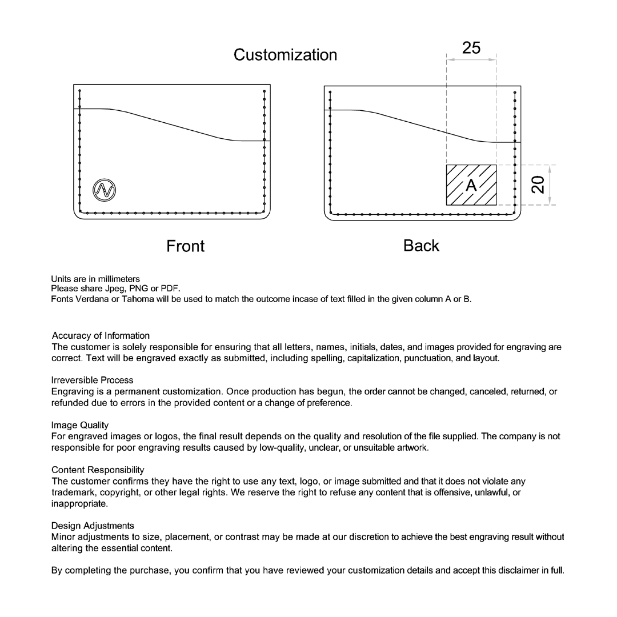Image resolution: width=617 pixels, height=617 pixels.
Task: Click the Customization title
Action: click(285, 55)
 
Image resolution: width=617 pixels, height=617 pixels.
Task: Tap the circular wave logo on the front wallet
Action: click(105, 190)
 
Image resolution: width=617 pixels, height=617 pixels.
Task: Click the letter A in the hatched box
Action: click(471, 185)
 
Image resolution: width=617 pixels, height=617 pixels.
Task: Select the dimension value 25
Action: click(471, 48)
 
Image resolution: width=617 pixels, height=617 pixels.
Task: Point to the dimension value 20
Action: click(538, 185)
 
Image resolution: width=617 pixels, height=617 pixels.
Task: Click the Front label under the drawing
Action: click(185, 246)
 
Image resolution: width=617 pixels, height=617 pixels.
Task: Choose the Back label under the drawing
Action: click(421, 246)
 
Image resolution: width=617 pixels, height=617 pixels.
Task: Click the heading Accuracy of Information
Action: click(101, 336)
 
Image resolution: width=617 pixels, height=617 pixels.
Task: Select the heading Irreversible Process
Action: click(92, 380)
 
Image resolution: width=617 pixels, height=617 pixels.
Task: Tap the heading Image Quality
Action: click(79, 425)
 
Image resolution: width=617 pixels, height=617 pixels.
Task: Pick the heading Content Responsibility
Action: click(97, 470)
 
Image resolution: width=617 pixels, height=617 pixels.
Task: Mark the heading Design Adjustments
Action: click(93, 526)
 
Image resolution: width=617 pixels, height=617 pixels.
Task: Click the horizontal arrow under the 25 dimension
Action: click(471, 59)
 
